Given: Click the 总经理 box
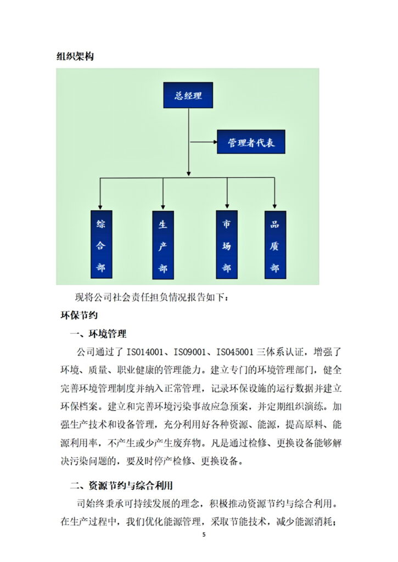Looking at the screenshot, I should (188, 95).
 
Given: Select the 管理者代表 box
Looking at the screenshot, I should (251, 143).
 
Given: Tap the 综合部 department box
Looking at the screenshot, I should (100, 244).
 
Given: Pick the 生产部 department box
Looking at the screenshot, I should (162, 244).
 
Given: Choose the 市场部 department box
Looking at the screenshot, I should (227, 244).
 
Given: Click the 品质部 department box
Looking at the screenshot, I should (274, 244).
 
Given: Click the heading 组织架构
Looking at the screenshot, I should (75, 56).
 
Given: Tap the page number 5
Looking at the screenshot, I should (204, 535).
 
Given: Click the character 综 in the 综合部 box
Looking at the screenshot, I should (100, 223).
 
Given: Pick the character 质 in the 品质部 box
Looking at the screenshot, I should (274, 246).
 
